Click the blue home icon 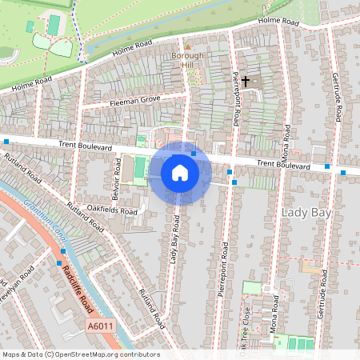click(x=180, y=172)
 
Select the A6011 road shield click(x=98, y=326)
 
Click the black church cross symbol click(x=246, y=81)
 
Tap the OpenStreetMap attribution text click(x=80, y=354)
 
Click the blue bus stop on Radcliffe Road click(x=59, y=262)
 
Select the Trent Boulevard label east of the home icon click(x=282, y=165)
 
